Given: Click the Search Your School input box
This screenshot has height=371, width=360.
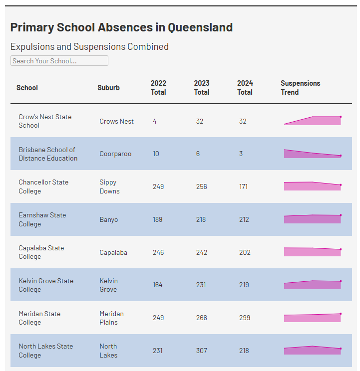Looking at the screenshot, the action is tap(59, 60).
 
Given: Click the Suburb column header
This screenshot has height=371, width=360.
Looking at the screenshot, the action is tap(108, 88).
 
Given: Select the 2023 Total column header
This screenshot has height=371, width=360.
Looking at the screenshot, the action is tap(202, 88).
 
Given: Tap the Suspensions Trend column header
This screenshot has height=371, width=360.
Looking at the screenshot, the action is tap(300, 88).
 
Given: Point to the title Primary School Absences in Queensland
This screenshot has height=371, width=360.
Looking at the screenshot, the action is tap(121, 27).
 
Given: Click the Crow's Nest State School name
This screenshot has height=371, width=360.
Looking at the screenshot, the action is tap(45, 121).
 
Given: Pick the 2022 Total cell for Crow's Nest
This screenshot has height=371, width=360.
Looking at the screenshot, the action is tap(155, 121).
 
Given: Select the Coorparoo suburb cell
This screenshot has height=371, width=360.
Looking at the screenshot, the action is tap(115, 154).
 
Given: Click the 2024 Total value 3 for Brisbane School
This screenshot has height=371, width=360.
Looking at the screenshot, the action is tap(241, 154).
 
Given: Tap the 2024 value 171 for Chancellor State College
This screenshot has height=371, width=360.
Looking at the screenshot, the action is tap(243, 186).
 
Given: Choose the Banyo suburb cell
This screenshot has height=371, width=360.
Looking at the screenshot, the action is tap(109, 219).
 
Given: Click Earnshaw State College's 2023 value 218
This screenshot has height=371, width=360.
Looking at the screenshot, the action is tap(201, 219).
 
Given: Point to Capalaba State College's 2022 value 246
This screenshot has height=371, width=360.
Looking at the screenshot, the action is tap(158, 252).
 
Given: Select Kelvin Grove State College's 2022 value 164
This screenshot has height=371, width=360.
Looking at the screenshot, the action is tap(157, 285).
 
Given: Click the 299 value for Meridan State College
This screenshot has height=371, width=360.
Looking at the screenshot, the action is tap(245, 318).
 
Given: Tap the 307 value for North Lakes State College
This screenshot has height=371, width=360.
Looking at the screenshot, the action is tap(202, 351).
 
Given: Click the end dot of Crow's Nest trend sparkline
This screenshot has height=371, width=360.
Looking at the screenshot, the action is tap(341, 117).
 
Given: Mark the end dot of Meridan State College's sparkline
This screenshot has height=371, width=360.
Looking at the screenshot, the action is tap(341, 314).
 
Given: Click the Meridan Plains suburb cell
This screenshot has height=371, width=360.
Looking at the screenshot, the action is tap(111, 318).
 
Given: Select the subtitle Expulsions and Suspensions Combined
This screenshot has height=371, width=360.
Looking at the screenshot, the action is tap(89, 46).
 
